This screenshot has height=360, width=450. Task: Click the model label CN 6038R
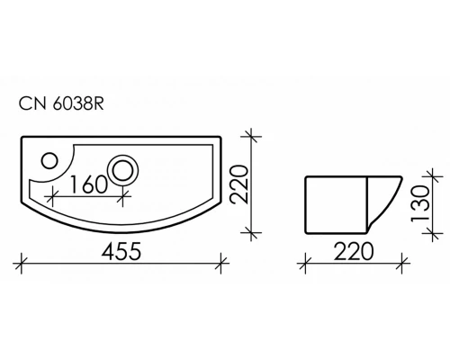pyautogui.click(x=61, y=103)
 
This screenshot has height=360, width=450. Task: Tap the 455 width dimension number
pyautogui.click(x=121, y=251)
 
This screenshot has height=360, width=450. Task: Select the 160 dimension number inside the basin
pyautogui.click(x=88, y=184)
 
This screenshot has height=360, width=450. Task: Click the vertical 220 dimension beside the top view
pyautogui.click(x=241, y=184)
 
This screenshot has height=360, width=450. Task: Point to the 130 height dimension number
pyautogui.click(x=421, y=203)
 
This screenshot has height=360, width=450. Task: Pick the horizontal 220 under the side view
pyautogui.click(x=354, y=251)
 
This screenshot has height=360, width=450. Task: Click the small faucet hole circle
pyautogui.click(x=49, y=160)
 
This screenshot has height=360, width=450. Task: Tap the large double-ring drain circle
pyautogui.click(x=123, y=170)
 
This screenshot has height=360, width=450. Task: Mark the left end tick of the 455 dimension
pyautogui.click(x=22, y=264)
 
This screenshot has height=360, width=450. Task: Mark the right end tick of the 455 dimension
pyautogui.click(x=221, y=264)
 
